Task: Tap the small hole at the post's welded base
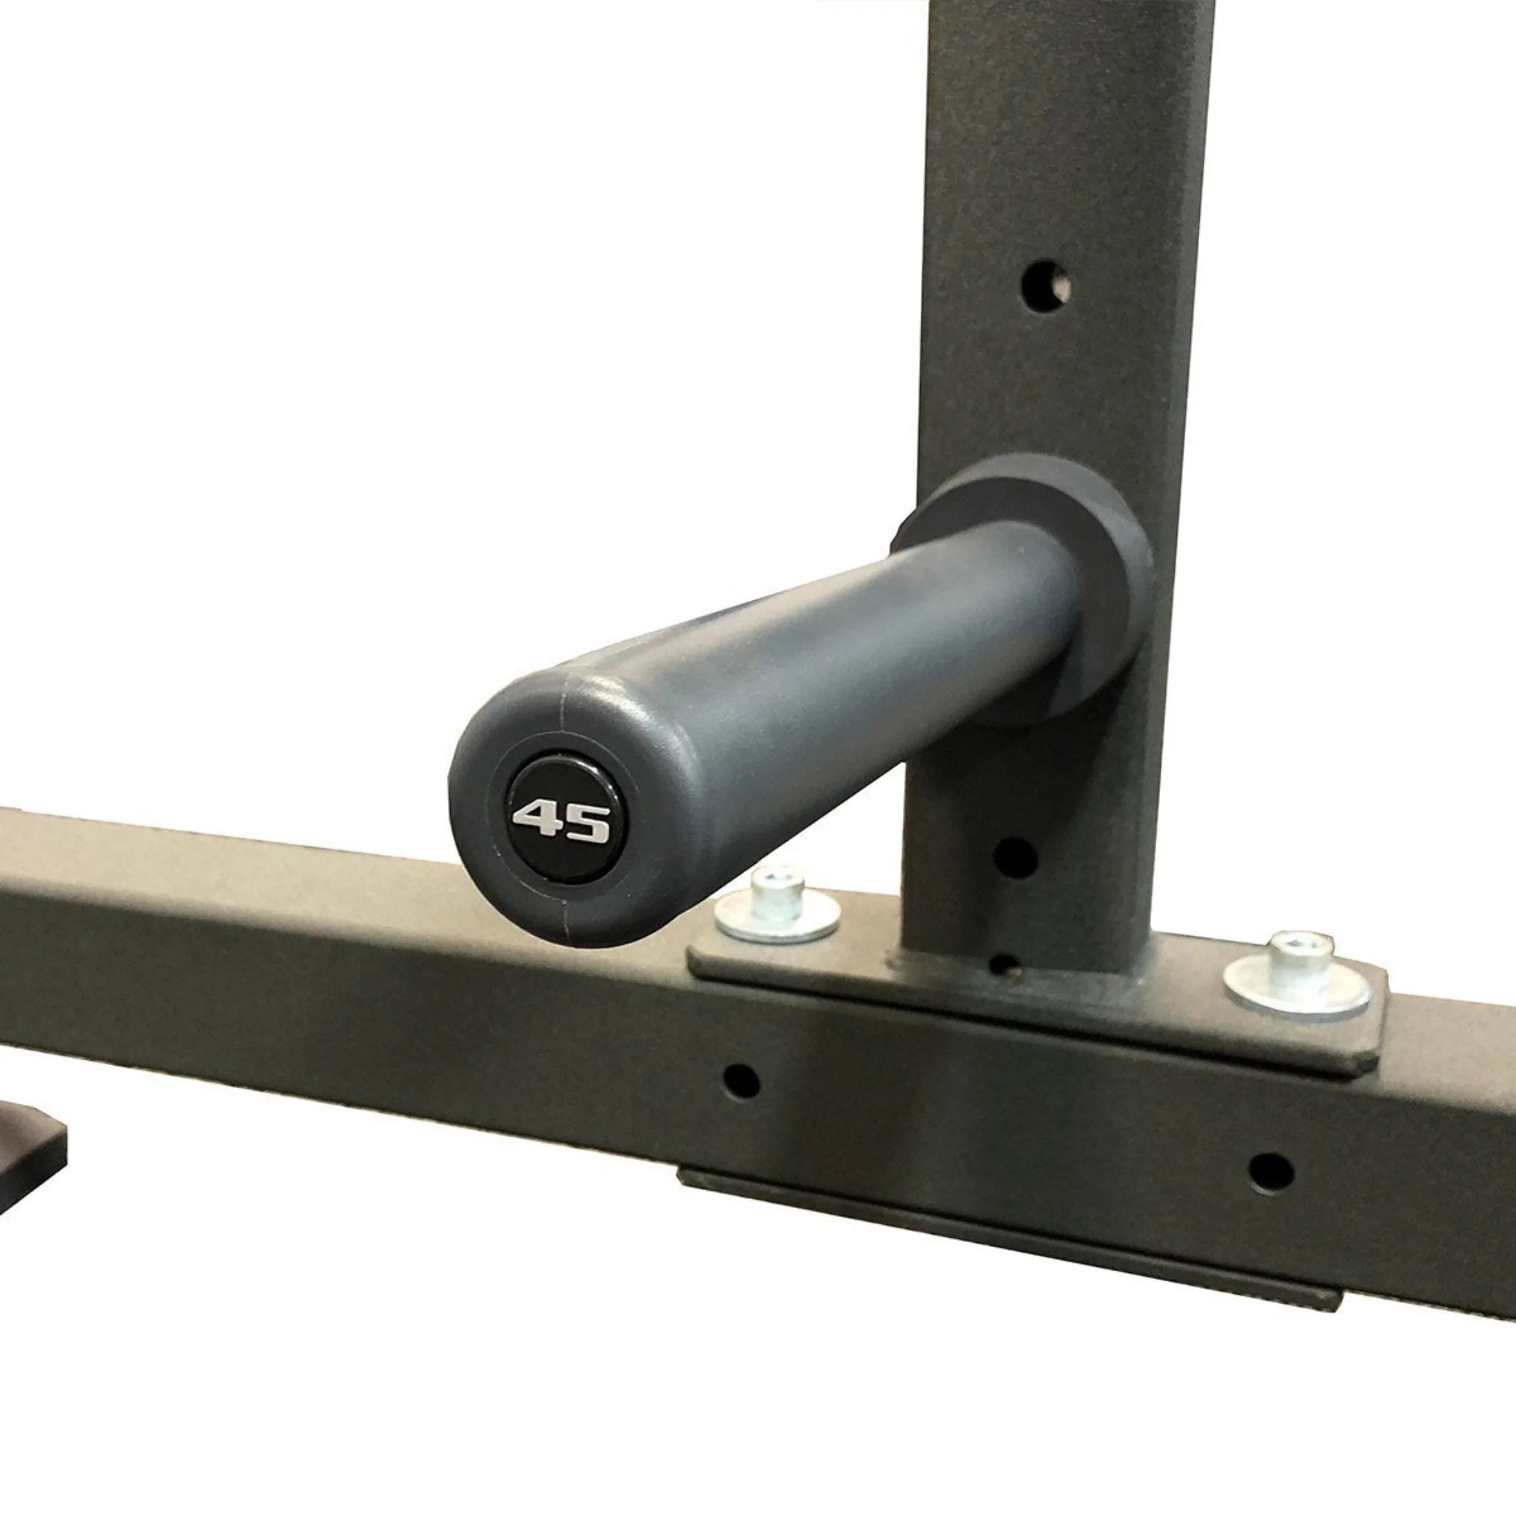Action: click(x=1002, y=964)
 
